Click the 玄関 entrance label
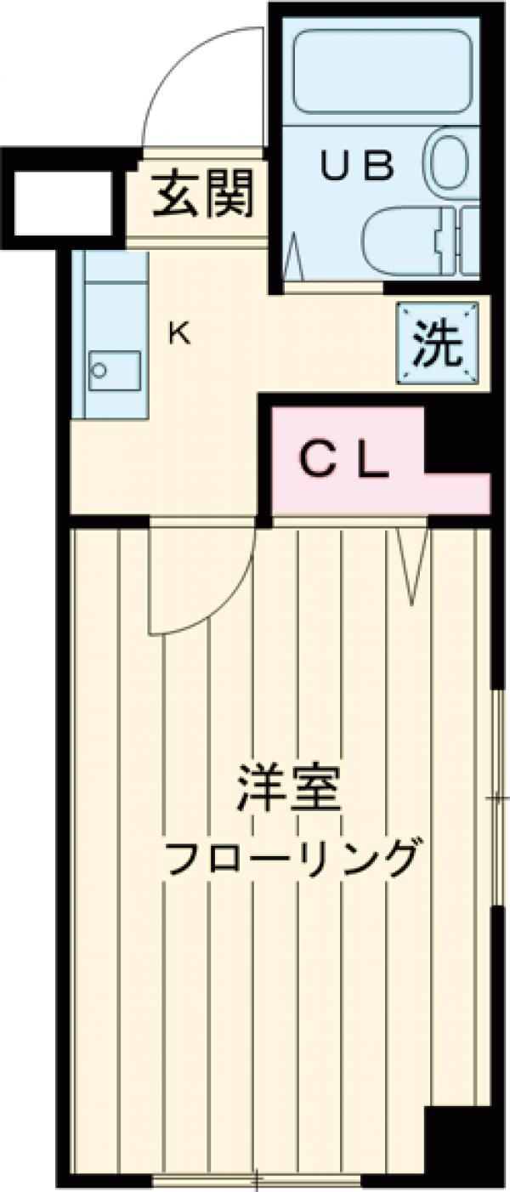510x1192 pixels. [204, 194]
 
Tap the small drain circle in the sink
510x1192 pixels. [99, 371]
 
